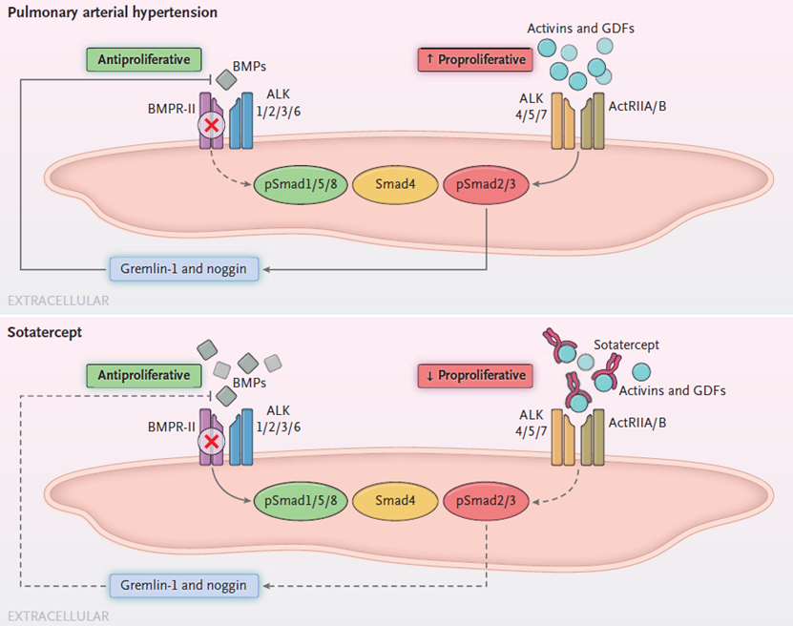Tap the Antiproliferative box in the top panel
[143, 59]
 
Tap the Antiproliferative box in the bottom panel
[143, 375]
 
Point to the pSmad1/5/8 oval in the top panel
[298, 183]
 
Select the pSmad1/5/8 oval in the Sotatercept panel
[298, 500]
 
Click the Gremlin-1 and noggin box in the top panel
[185, 269]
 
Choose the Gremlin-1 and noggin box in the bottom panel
[185, 584]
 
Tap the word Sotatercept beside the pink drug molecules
[626, 345]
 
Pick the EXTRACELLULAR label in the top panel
[58, 301]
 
